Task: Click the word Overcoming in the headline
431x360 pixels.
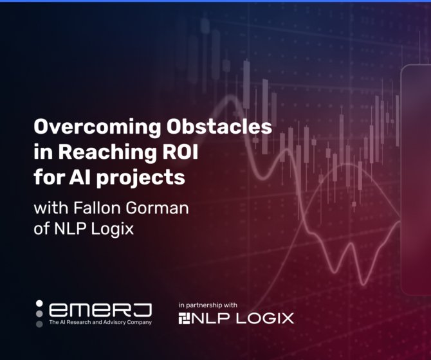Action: [x=97, y=127]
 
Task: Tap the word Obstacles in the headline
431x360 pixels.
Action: [x=219, y=126]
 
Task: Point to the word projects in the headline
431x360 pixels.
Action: [x=140, y=178]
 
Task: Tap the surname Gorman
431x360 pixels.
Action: [x=157, y=208]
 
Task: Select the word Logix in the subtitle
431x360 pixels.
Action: [x=113, y=229]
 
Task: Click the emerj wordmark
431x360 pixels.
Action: [x=100, y=310]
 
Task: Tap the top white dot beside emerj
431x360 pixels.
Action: [x=39, y=303]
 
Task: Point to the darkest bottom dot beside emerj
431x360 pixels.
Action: [x=39, y=324]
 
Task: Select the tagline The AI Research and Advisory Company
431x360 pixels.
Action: [x=100, y=322]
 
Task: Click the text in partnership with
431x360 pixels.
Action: [x=208, y=305]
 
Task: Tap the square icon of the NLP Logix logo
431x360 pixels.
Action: [x=184, y=318]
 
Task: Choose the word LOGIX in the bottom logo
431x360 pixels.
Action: [x=265, y=318]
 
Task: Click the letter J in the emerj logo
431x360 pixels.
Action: [x=143, y=310]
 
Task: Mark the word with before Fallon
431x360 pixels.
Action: [x=51, y=208]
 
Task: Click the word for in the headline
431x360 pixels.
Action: [x=49, y=177]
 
